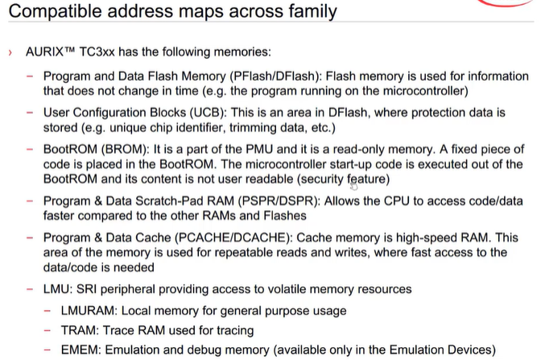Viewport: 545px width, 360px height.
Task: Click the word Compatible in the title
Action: (x=48, y=13)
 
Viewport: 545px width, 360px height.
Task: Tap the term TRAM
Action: (x=77, y=329)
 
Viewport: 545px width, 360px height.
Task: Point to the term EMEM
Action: (x=79, y=350)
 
